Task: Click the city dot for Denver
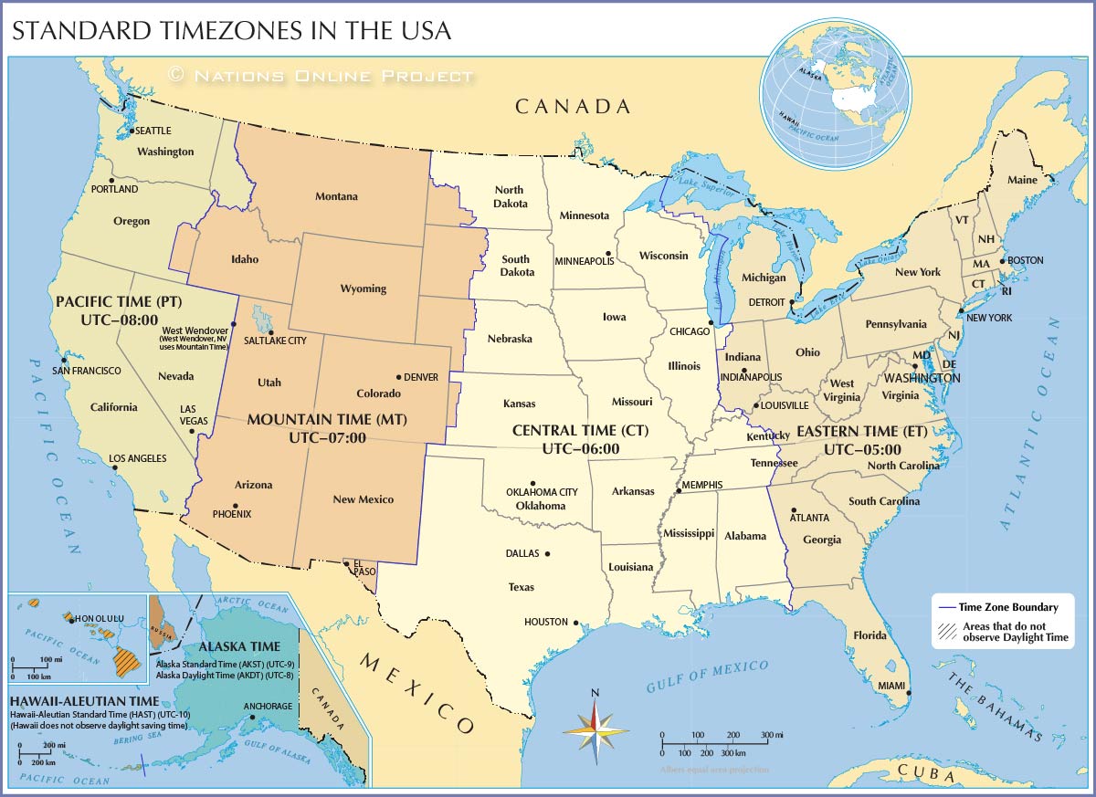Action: pos(398,377)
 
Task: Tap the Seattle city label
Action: pos(153,131)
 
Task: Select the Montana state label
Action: pos(336,196)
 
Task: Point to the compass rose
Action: pos(595,730)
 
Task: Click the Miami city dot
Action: pos(909,691)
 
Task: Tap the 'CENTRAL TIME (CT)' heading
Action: pos(580,430)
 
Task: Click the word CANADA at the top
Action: pos(573,107)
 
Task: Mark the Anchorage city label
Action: pos(268,706)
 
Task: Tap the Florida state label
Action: pos(869,634)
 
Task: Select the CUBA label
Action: pos(927,772)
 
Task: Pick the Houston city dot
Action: pos(576,623)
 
